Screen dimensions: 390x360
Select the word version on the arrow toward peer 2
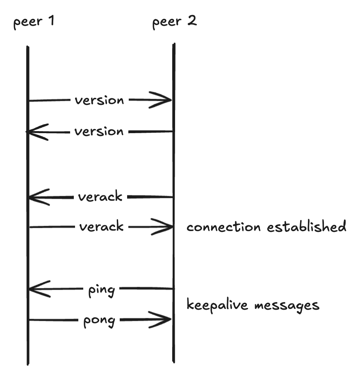[x=99, y=100]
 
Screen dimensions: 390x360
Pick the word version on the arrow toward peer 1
[x=99, y=132]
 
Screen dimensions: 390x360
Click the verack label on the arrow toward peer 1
[x=100, y=197]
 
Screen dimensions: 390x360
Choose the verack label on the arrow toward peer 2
[x=101, y=227]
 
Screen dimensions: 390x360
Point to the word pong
[x=99, y=321]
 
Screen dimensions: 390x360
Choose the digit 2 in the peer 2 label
[x=192, y=20]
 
